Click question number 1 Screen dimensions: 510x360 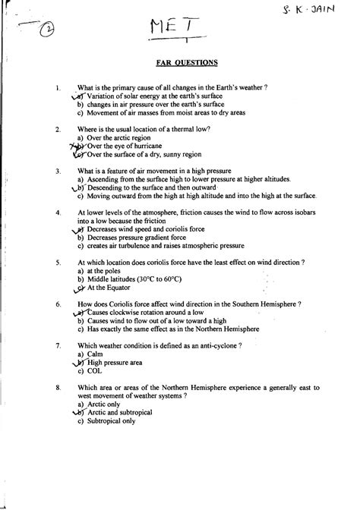click(x=58, y=89)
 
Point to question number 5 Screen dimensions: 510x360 click(x=58, y=262)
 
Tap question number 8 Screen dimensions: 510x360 click(x=58, y=388)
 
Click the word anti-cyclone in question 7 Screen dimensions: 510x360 click(x=213, y=345)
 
